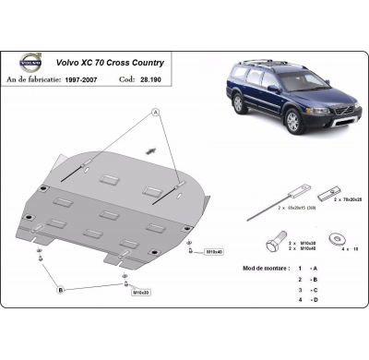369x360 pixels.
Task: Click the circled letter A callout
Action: (x=154, y=112)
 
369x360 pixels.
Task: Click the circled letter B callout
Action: (x=62, y=290)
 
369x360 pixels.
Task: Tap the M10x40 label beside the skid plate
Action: (x=213, y=251)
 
